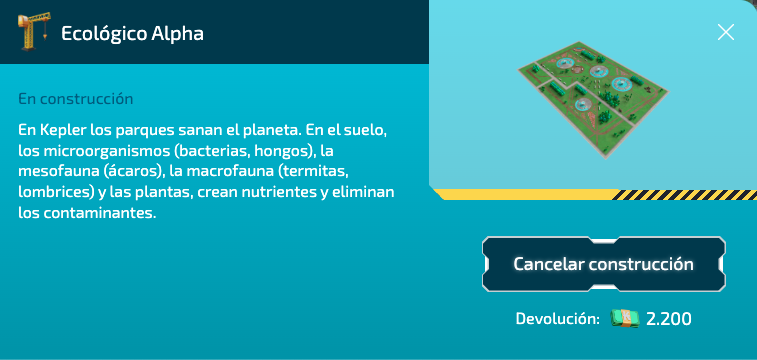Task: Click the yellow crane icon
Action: click(x=36, y=32)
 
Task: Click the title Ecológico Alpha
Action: click(x=133, y=33)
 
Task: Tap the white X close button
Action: click(x=726, y=32)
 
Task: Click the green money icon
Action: click(x=625, y=319)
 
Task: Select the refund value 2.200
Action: click(x=669, y=319)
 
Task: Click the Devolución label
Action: click(x=557, y=319)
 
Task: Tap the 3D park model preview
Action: click(x=591, y=101)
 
